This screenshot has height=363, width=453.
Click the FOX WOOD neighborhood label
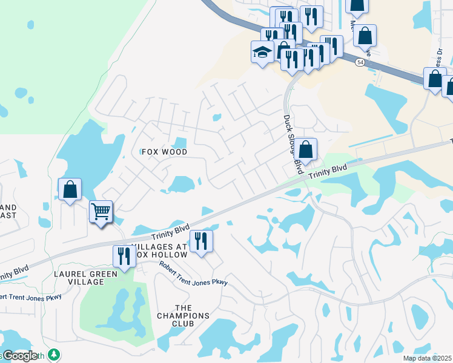pyautogui.click(x=164, y=152)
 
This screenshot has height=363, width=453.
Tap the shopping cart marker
pyautogui.click(x=101, y=212)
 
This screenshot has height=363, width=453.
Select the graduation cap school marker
pyautogui.click(x=262, y=52)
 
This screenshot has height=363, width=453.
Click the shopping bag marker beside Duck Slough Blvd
pyautogui.click(x=306, y=149)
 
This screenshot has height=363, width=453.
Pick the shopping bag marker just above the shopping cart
pyautogui.click(x=70, y=189)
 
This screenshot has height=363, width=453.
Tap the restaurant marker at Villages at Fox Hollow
pyautogui.click(x=200, y=241)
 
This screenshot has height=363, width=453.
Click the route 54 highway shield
pyautogui.click(x=360, y=62)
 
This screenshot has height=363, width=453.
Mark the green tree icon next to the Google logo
pyautogui.click(x=55, y=355)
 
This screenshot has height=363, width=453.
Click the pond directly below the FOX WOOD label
pyautogui.click(x=180, y=184)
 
